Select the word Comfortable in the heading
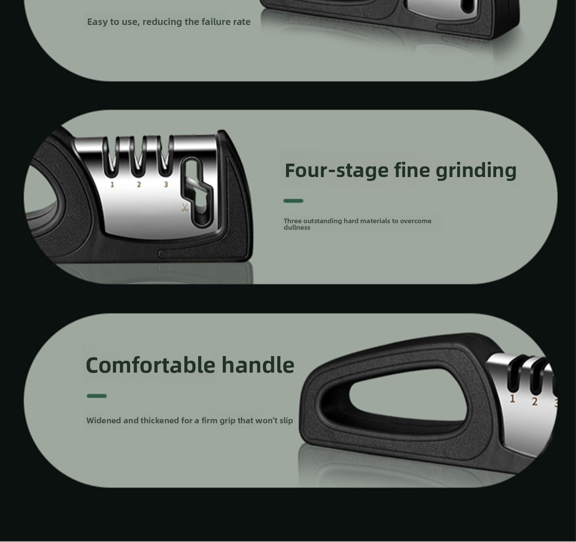(151, 365)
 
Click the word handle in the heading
(258, 365)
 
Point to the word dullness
(297, 227)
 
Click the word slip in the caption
(286, 421)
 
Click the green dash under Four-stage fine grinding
(293, 201)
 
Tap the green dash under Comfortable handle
(97, 396)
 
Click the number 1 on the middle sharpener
(112, 184)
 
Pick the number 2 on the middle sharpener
(139, 184)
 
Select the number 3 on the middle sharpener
(166, 184)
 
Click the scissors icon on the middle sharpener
(185, 208)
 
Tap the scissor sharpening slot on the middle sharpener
(197, 192)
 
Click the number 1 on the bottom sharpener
(513, 399)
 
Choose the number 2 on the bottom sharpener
(535, 401)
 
